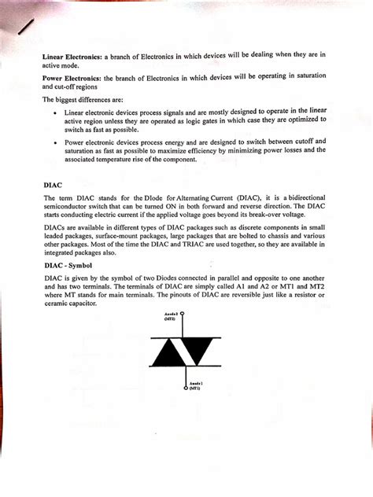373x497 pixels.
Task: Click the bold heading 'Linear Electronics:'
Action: tap(72, 56)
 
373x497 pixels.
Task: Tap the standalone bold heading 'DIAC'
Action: tap(51, 186)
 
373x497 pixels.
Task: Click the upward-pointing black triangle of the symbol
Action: tap(168, 353)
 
